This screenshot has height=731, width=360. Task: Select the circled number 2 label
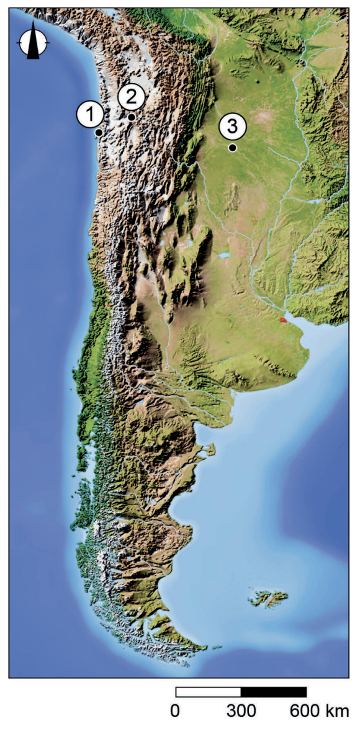132,96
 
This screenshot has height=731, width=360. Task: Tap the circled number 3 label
232,127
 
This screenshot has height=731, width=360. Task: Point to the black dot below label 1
99,132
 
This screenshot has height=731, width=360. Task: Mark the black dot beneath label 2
132,117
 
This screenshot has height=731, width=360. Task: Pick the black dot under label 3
232,148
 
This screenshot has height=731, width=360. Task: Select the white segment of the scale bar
208,692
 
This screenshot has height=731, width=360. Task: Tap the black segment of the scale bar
273,692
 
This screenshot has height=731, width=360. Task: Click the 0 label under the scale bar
176,711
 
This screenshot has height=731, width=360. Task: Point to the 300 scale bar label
240,711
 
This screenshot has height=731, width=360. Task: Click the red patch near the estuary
283,320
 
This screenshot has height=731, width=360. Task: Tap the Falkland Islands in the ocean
269,599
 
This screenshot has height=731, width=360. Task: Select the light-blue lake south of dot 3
224,255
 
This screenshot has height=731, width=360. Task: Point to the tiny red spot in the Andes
108,305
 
